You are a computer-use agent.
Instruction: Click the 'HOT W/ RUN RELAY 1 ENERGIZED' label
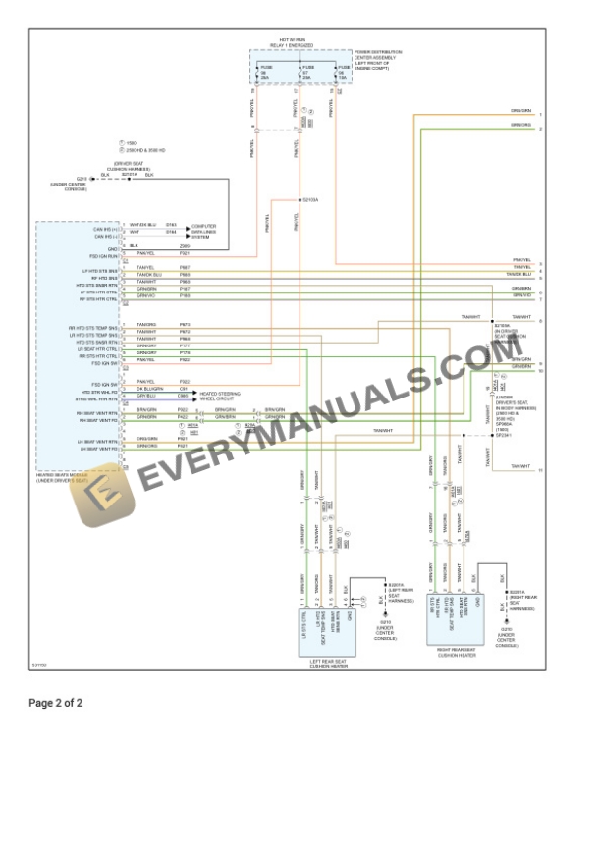295,44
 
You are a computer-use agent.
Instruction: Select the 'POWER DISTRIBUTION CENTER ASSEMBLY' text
377,57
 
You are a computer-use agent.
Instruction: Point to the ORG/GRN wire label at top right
520,112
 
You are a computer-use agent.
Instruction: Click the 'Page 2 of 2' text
56,703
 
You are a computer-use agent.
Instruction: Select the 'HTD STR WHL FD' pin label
100,392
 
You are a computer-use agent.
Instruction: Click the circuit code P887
185,267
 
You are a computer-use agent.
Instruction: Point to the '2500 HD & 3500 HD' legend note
146,150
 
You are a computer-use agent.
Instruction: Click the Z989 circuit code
185,245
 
